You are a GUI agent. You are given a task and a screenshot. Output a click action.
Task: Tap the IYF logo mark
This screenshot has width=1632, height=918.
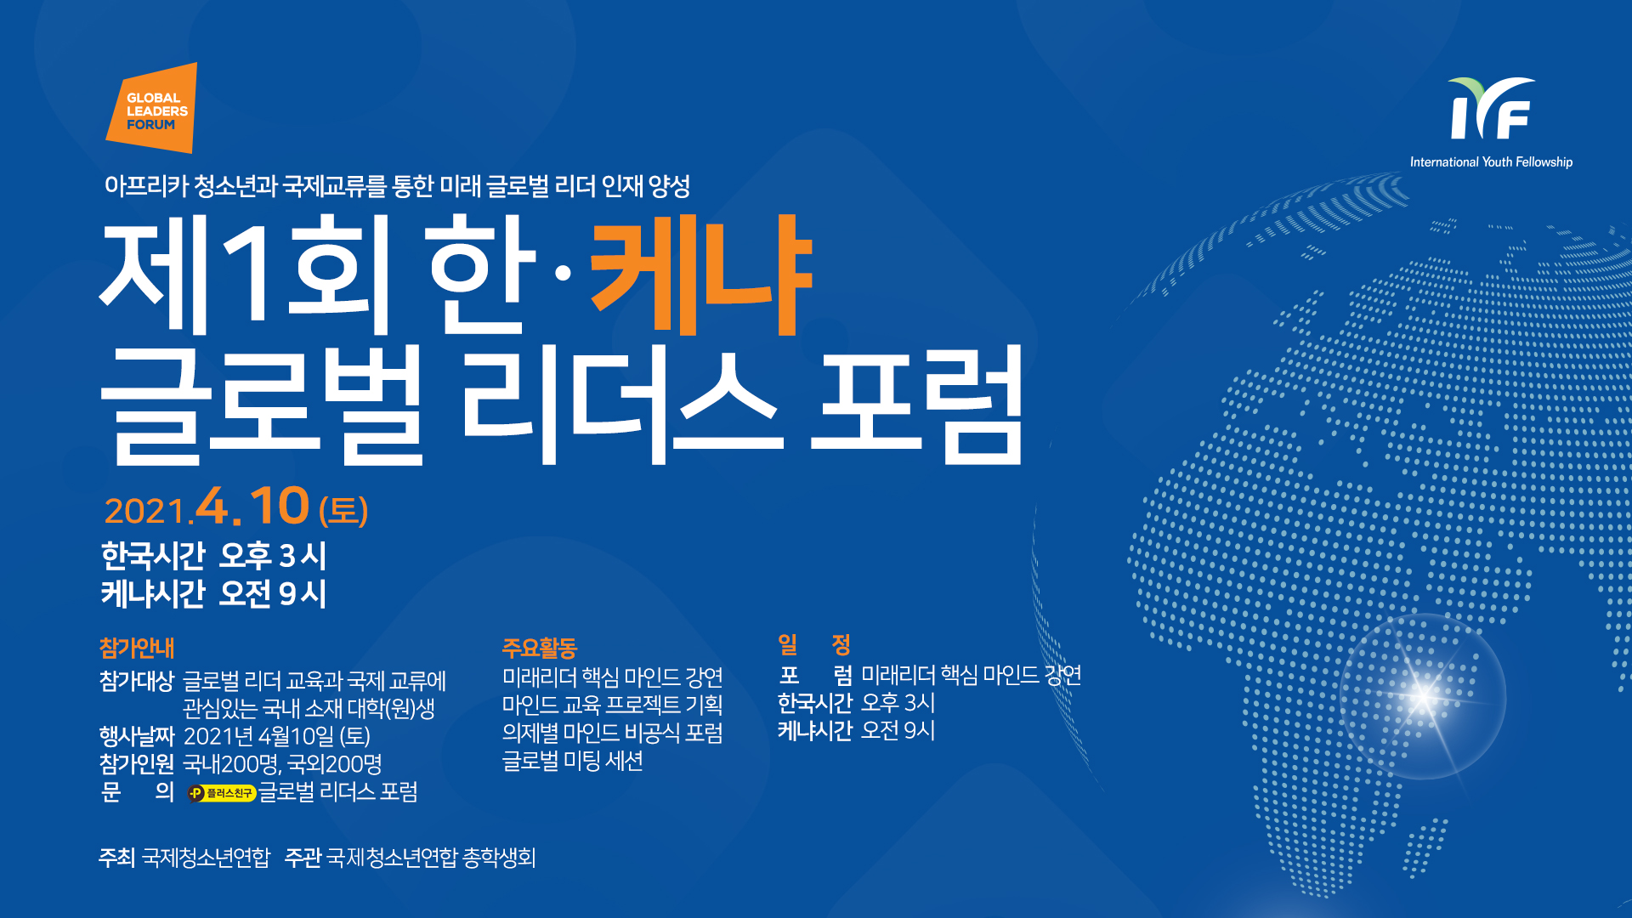(x=1492, y=109)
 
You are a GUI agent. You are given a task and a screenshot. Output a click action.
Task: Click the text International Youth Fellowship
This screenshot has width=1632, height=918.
(x=1491, y=161)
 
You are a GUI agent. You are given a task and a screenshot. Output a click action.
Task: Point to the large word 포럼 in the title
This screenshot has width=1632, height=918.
(x=916, y=405)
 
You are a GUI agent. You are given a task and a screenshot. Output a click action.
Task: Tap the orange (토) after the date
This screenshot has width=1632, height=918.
(x=343, y=511)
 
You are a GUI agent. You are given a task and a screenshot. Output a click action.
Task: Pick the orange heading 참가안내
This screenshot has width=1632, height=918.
(x=137, y=648)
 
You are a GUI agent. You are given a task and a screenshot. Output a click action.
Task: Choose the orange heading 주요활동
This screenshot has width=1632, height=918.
(x=540, y=648)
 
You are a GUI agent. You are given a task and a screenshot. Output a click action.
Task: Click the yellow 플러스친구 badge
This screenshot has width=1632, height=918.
(x=222, y=793)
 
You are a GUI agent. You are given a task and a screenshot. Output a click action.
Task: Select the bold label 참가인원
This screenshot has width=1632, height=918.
(x=137, y=764)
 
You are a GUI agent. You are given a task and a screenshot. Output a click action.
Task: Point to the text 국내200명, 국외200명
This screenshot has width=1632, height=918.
(x=282, y=764)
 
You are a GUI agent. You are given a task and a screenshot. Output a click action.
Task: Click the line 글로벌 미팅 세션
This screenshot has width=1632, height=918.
(x=572, y=761)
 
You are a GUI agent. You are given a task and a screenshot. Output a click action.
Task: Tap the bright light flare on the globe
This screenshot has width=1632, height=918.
(x=1423, y=696)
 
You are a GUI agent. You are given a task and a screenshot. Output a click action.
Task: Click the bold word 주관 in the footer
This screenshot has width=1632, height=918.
(x=303, y=857)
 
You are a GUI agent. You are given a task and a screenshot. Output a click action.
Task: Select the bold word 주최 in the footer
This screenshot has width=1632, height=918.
(x=117, y=857)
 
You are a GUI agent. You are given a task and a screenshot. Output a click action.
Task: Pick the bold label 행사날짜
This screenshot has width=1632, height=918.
(x=137, y=736)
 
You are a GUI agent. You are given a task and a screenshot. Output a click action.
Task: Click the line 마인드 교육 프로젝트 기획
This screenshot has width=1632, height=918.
(x=612, y=705)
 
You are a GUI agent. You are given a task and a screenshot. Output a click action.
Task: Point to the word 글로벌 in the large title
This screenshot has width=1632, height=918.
(x=262, y=405)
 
